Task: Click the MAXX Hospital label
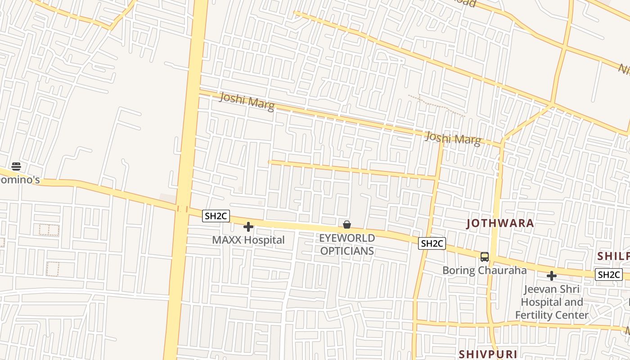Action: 248,240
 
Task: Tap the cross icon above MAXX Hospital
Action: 248,227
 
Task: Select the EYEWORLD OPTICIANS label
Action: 347,244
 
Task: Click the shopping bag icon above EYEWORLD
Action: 347,225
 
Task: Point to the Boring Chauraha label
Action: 484,270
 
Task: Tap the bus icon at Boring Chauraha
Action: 485,257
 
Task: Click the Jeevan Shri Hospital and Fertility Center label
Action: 552,302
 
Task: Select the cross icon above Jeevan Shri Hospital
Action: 552,276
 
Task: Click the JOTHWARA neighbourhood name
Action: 500,223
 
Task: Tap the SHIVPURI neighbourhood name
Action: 487,354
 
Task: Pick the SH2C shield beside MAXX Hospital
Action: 216,216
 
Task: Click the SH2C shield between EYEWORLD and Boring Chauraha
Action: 432,243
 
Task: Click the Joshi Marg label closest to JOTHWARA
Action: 453,139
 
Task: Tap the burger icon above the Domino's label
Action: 16,166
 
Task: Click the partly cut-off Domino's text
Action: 20,180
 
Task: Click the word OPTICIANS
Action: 347,251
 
